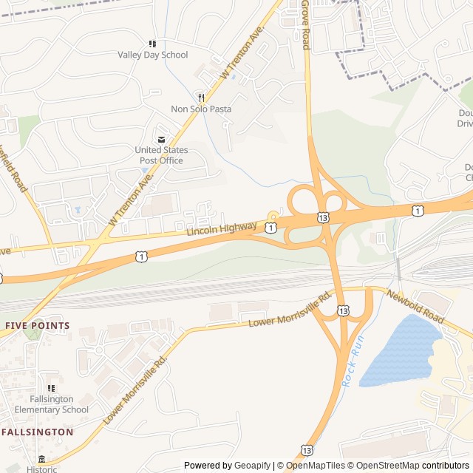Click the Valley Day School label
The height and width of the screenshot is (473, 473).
coord(153,55)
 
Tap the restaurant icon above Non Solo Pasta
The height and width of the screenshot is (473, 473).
coord(200,97)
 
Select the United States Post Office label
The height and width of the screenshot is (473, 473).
coord(161,155)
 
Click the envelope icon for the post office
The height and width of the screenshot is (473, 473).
coord(161,139)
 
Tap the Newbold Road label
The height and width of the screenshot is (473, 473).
coord(415,306)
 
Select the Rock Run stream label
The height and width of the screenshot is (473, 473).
coord(353,361)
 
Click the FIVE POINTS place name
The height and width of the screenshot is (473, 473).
coord(37,325)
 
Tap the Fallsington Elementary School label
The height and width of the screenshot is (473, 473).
coord(51,404)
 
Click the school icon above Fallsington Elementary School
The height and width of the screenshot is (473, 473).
coord(51,388)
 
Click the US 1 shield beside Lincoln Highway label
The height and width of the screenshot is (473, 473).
coord(271,228)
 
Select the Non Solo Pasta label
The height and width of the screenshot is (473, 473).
coord(201,109)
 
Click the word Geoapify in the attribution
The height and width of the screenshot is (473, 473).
coord(253,466)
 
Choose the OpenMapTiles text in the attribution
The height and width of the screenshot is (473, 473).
coord(316,466)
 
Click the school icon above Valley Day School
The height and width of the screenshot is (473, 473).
coord(152,44)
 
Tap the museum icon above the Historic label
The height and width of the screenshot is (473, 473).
coord(41,459)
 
